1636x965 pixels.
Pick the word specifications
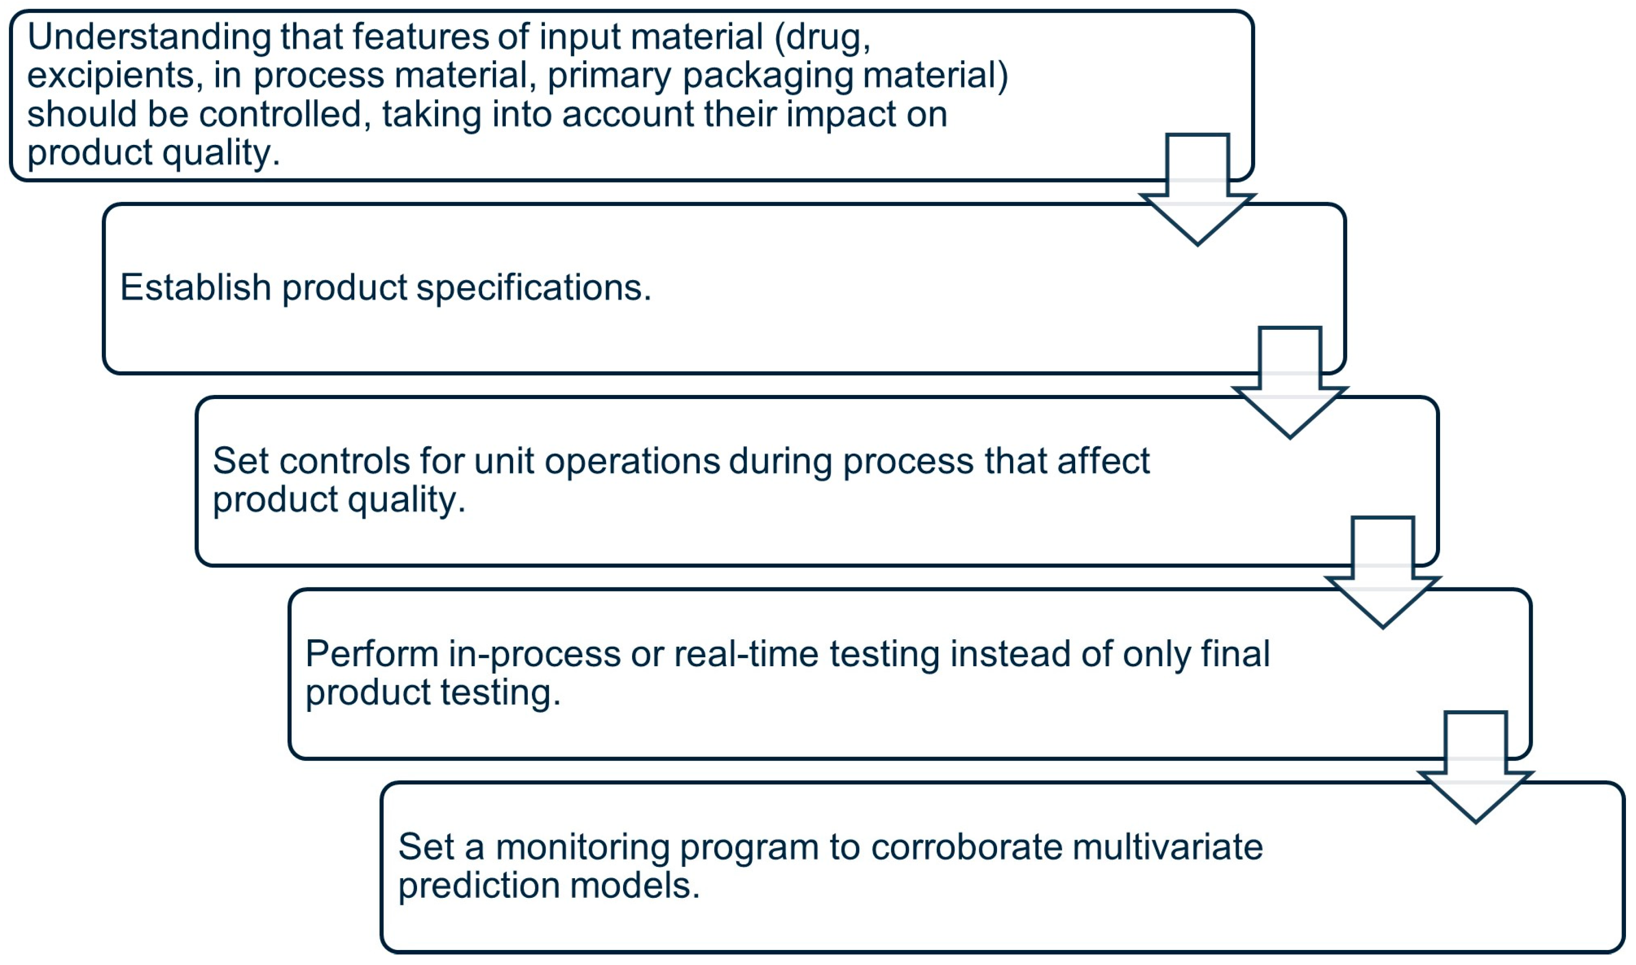coord(533,288)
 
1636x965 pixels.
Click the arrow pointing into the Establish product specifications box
coord(1197,195)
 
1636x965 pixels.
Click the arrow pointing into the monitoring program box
coord(1476,773)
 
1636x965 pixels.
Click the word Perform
coord(372,654)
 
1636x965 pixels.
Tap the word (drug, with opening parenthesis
coord(822,38)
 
